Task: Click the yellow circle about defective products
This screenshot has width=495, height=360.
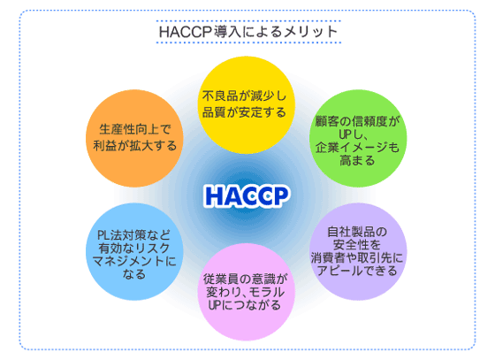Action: tap(247, 105)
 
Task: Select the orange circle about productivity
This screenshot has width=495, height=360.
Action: tap(134, 138)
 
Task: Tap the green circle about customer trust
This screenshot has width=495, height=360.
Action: tap(358, 138)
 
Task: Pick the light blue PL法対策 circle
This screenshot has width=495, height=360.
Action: tap(134, 252)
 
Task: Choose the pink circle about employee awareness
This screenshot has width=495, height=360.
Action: tap(247, 292)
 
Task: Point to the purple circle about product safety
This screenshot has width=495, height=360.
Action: tap(358, 252)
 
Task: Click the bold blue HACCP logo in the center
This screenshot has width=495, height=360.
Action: tap(247, 195)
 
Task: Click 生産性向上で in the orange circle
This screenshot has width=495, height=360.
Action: tap(135, 129)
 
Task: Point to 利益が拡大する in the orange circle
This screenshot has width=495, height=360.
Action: tap(134, 146)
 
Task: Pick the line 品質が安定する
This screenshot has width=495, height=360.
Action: tap(244, 112)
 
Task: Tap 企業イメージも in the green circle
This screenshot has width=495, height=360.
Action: tap(357, 148)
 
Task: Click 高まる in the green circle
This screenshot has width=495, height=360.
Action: tap(357, 160)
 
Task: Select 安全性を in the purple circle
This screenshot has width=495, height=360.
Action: tap(357, 245)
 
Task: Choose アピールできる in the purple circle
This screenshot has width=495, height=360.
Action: tap(357, 271)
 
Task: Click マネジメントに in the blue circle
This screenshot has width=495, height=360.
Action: tap(134, 261)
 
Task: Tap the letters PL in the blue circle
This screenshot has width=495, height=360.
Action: tap(103, 235)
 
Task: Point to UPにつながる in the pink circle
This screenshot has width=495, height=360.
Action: tap(244, 305)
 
